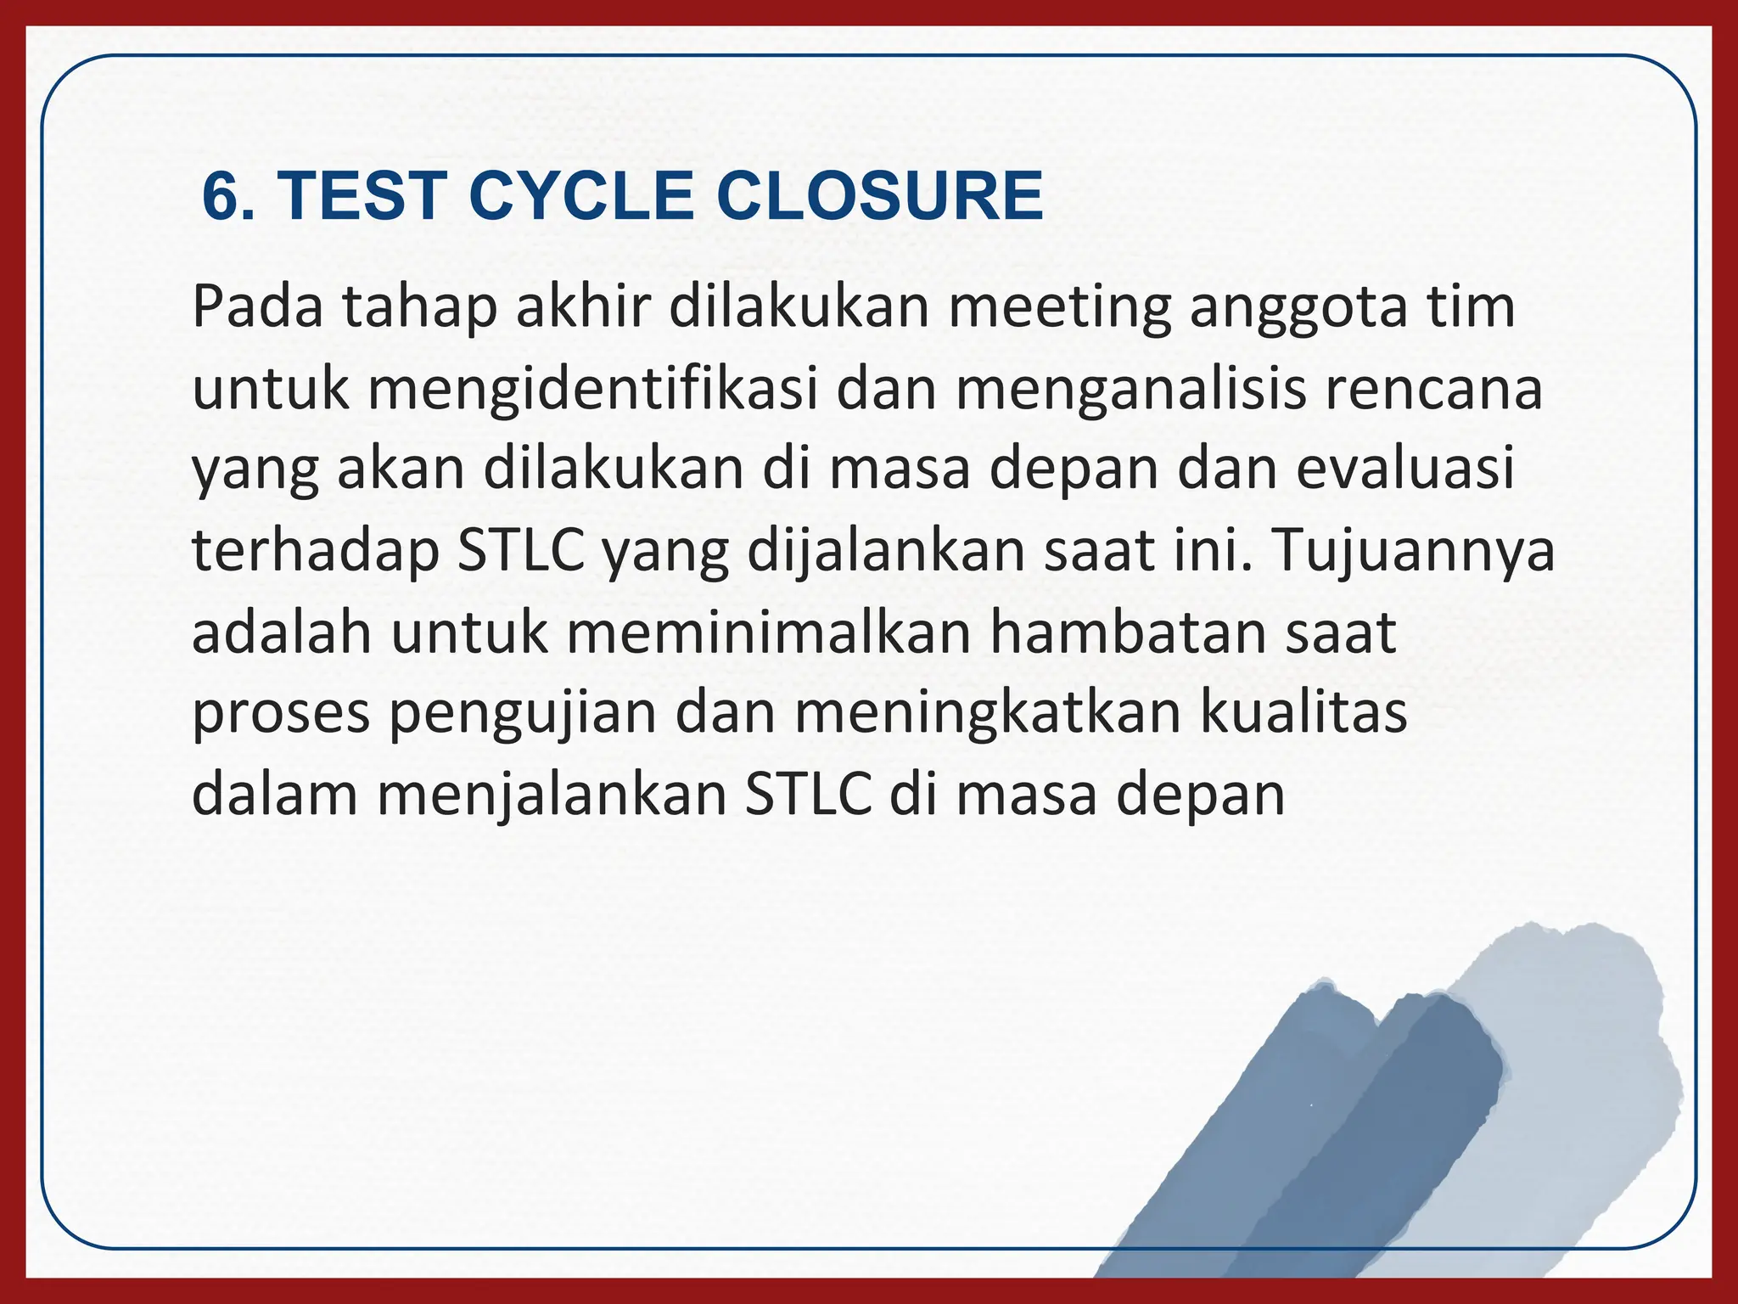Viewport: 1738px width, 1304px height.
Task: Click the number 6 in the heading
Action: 222,197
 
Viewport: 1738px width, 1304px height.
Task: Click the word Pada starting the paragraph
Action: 257,307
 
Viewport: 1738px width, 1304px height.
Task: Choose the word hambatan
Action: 1128,632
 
